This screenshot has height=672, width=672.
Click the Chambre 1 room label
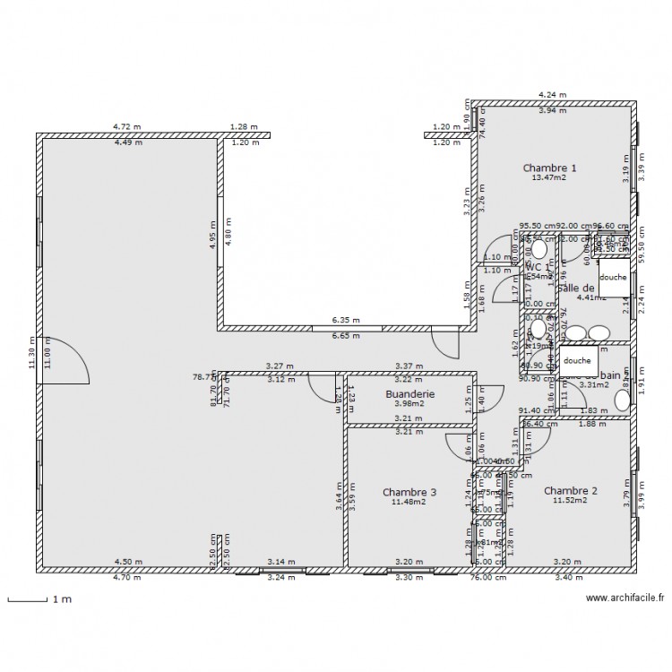(549, 168)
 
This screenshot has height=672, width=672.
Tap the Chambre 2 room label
(570, 490)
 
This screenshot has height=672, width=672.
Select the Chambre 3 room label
(409, 492)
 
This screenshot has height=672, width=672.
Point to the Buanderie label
(409, 393)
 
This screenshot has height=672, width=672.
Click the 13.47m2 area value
(549, 177)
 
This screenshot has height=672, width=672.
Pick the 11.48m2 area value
(409, 502)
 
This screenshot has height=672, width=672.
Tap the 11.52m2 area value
(570, 500)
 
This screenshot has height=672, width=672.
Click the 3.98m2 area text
(409, 403)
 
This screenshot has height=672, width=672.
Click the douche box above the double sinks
(614, 278)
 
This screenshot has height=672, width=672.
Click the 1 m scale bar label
(60, 599)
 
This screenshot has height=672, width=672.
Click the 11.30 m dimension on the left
(30, 353)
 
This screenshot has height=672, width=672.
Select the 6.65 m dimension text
(345, 336)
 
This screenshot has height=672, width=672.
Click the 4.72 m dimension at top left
(126, 128)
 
